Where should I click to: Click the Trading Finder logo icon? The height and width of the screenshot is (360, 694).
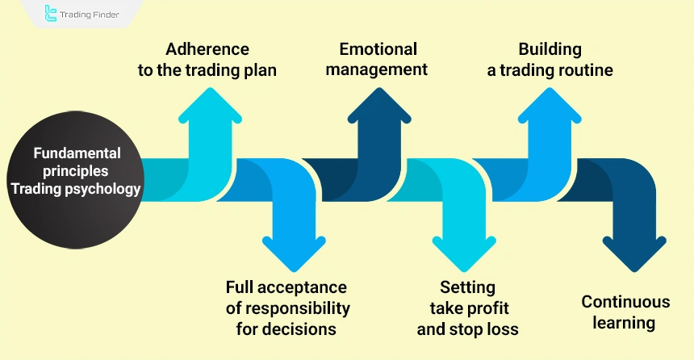pos(30,14)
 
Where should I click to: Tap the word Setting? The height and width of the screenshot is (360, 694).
pos(467,287)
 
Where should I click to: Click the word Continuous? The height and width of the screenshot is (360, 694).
pos(625,302)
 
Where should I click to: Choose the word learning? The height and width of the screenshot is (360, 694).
pos(625,323)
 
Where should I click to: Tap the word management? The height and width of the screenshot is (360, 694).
pos(383,69)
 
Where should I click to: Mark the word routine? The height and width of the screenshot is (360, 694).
pos(583,70)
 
